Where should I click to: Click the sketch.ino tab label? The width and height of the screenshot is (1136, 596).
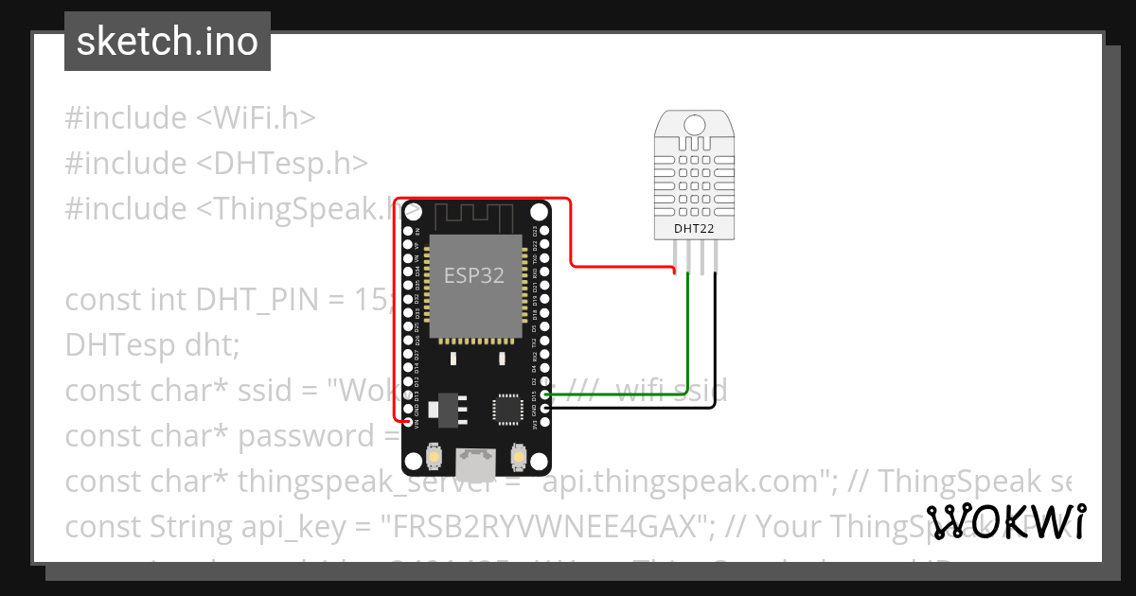tap(167, 42)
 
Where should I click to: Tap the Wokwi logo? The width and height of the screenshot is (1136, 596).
tap(1006, 521)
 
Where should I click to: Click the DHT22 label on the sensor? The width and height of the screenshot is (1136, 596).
tap(694, 228)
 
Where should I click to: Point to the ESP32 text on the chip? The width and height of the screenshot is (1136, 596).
tap(474, 275)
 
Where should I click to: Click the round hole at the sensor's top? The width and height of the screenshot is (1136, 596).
tap(694, 123)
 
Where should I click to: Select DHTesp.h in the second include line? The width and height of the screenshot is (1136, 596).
tap(282, 164)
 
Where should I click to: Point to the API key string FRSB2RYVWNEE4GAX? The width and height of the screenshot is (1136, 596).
tap(545, 526)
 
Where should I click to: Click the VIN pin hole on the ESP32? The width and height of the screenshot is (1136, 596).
tap(408, 422)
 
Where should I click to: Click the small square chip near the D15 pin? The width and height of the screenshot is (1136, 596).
tap(506, 409)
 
